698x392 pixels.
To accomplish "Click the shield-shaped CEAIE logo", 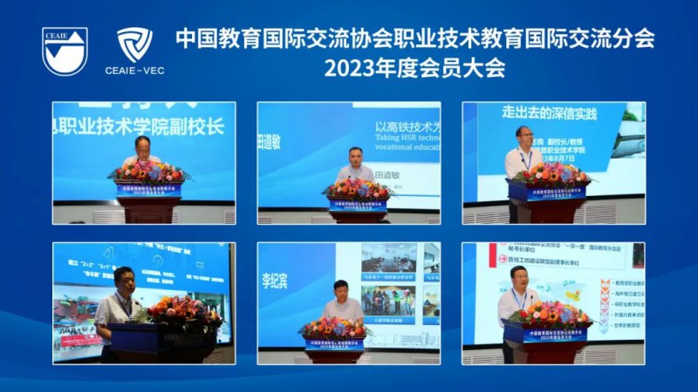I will [x=65, y=51].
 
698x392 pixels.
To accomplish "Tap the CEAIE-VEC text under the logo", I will [x=134, y=70].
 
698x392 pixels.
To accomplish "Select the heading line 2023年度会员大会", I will [x=414, y=68].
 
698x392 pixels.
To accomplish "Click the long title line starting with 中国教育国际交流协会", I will [x=414, y=38].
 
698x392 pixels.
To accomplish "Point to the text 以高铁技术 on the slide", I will [x=407, y=126].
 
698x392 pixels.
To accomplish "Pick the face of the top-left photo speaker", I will [x=141, y=146].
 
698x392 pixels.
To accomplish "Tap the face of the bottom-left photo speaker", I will [x=122, y=280].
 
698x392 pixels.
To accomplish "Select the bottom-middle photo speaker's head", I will [x=342, y=291].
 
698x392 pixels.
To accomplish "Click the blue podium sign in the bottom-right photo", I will [x=544, y=335].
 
